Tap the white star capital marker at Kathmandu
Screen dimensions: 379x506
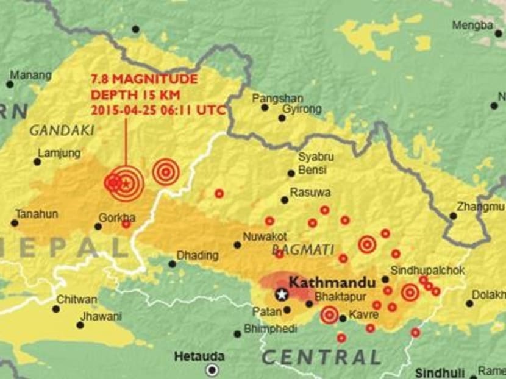(282, 295)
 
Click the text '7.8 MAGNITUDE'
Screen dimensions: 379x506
(144, 80)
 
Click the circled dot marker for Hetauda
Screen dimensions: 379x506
(212, 369)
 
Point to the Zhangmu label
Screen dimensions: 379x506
(481, 207)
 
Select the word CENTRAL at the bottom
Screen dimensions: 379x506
(322, 356)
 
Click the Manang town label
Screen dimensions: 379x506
(30, 76)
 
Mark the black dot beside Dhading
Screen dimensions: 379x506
(173, 264)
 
